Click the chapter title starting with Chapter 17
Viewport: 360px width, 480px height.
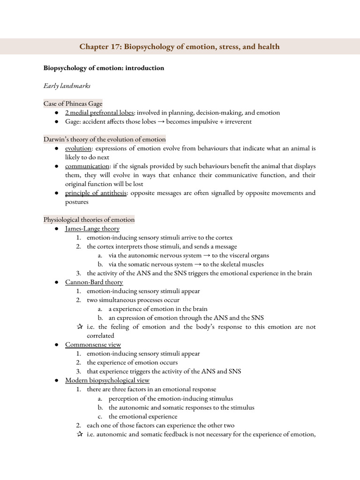[x=180, y=47]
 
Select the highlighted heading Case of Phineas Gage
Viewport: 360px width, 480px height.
[x=73, y=104]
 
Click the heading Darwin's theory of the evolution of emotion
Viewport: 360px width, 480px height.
[x=105, y=139]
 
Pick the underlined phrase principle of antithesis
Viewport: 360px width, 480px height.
[x=96, y=193]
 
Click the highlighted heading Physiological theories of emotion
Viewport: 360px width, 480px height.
[x=89, y=219]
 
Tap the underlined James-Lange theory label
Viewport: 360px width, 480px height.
[x=92, y=229]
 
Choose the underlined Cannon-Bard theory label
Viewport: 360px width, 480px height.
[x=94, y=282]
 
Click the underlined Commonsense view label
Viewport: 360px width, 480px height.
[x=93, y=345]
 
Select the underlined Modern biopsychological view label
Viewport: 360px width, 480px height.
[x=107, y=380]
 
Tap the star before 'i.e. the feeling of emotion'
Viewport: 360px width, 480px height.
[x=79, y=327]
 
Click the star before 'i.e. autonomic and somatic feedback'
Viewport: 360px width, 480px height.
[x=79, y=434]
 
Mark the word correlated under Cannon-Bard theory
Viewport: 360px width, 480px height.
[x=100, y=336]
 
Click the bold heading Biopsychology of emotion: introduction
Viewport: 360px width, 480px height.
[x=104, y=68]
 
